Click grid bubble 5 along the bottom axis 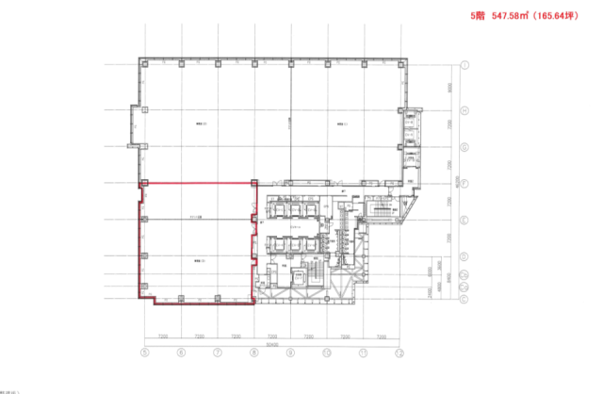(144, 353)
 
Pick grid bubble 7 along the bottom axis (217, 353)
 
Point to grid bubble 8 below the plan (253, 353)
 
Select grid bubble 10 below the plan (327, 353)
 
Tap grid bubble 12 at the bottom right (399, 353)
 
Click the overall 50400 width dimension (272, 344)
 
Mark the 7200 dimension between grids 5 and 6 (162, 337)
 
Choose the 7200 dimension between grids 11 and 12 (382, 337)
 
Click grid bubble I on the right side (466, 64)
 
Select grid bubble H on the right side (466, 108)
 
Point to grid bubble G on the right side (466, 146)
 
